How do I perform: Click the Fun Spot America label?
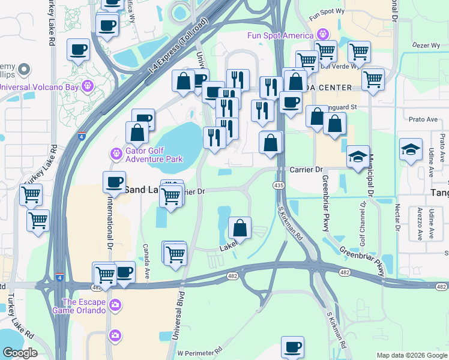(281, 35)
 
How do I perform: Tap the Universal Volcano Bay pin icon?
(88, 86)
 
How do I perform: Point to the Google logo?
(20, 353)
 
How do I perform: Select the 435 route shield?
(279, 186)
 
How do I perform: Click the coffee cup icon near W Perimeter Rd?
(292, 347)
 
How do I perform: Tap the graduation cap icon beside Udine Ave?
(411, 150)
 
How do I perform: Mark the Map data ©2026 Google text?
(412, 355)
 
